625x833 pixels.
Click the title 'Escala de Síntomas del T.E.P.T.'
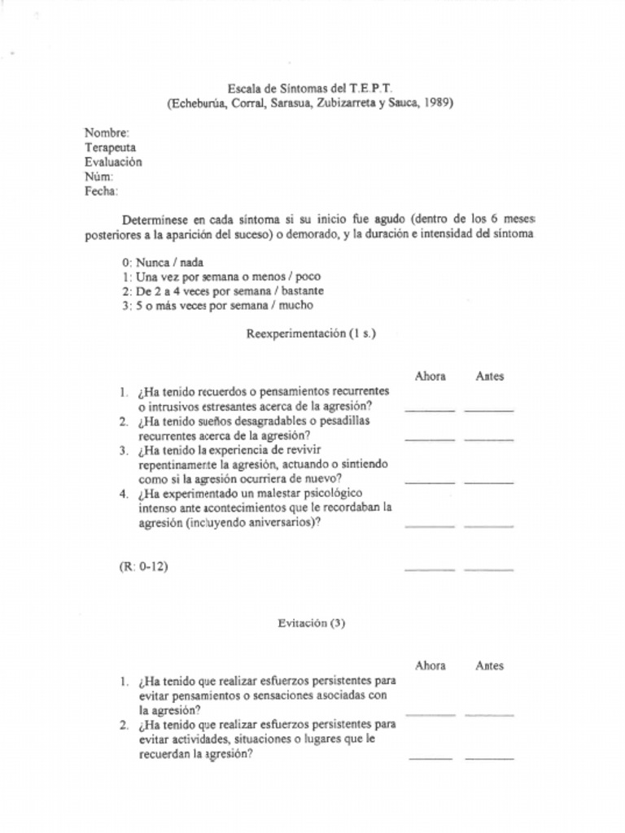pyautogui.click(x=309, y=88)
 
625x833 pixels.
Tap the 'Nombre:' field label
pyautogui.click(x=107, y=133)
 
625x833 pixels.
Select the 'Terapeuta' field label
pyautogui.click(x=111, y=147)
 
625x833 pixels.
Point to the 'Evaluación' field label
pyautogui.click(x=113, y=162)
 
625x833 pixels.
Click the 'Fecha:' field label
pyautogui.click(x=102, y=191)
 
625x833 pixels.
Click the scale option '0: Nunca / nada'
pyautogui.click(x=163, y=263)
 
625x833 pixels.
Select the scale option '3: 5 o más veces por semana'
pyautogui.click(x=217, y=306)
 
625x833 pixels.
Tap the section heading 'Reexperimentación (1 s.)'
pyautogui.click(x=311, y=334)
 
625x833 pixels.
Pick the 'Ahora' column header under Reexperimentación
pyautogui.click(x=430, y=376)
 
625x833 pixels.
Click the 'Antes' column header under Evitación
pyautogui.click(x=489, y=665)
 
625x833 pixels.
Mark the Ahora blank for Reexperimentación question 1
pyautogui.click(x=429, y=409)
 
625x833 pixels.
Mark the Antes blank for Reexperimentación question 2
pyautogui.click(x=489, y=438)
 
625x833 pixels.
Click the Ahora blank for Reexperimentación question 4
pyautogui.click(x=429, y=526)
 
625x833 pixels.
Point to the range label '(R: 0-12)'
pyautogui.click(x=143, y=567)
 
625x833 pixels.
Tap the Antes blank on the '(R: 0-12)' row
pyautogui.click(x=489, y=569)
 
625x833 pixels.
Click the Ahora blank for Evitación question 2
pyautogui.click(x=431, y=757)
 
